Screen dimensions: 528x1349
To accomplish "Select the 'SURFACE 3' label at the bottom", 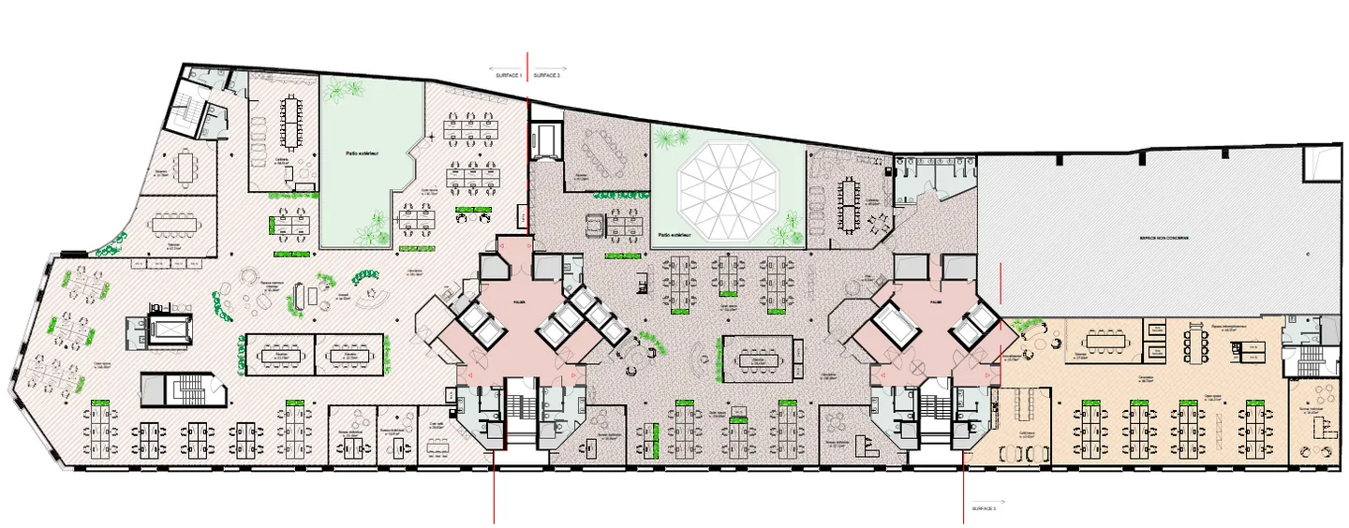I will pyautogui.click(x=984, y=506).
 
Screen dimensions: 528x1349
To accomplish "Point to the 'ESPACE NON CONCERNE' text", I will pyautogui.click(x=1164, y=239).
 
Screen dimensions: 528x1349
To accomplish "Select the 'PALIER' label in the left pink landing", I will pyautogui.click(x=519, y=301).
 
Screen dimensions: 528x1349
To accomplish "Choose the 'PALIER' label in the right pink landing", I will pyautogui.click(x=935, y=302).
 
